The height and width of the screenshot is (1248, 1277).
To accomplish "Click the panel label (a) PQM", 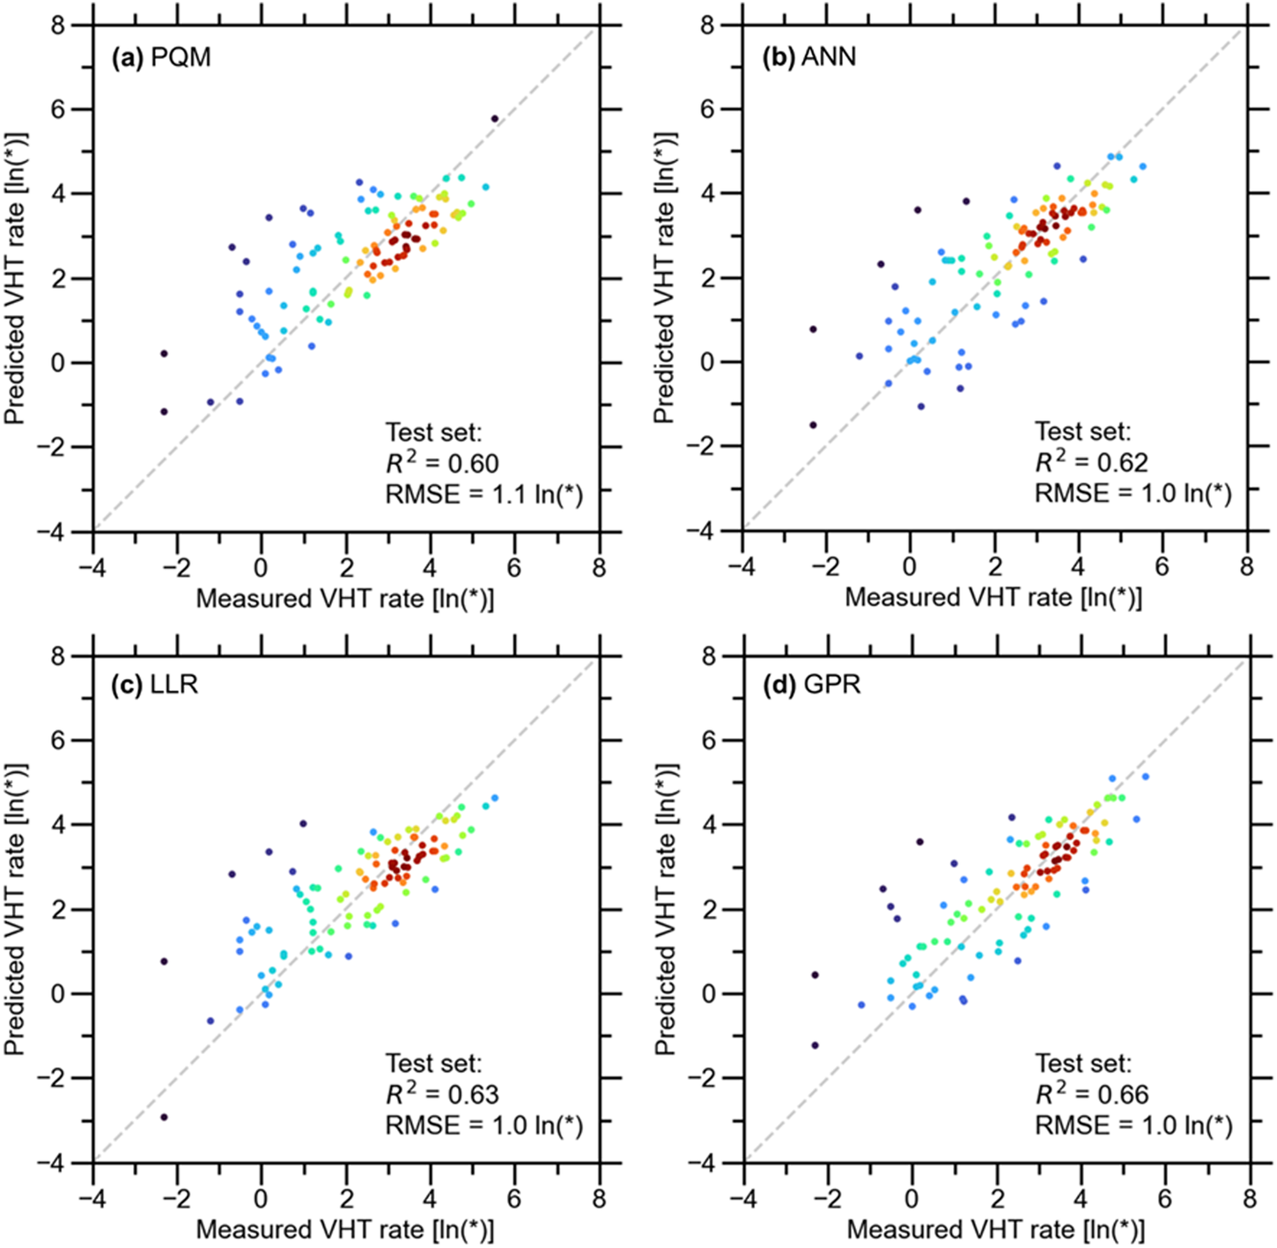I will coord(161,58).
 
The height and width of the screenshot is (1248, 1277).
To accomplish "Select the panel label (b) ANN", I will coord(808,58).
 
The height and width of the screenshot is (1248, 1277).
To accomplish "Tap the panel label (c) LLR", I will coord(155,684).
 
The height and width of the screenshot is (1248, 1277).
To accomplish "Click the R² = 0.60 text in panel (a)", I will coord(442,463).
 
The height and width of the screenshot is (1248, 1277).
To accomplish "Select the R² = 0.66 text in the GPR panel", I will coord(1091,1094).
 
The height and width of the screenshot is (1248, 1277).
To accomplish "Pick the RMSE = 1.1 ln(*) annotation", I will coord(483,494).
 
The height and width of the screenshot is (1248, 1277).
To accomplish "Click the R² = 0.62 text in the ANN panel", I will coord(1091,463).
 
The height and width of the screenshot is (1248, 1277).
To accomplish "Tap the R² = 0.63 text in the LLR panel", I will coord(442,1094).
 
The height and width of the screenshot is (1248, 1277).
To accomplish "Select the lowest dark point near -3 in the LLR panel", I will coord(164,1117).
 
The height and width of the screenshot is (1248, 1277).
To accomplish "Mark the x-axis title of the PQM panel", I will coord(344,598).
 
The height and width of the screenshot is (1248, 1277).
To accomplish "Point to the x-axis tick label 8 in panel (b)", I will coord(1246,566).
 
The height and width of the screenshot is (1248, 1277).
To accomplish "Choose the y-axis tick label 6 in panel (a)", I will coord(58,109).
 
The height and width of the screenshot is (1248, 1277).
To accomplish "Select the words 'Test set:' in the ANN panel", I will coord(1082,432).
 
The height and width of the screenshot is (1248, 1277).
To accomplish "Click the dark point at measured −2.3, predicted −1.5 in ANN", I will coord(813,425).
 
